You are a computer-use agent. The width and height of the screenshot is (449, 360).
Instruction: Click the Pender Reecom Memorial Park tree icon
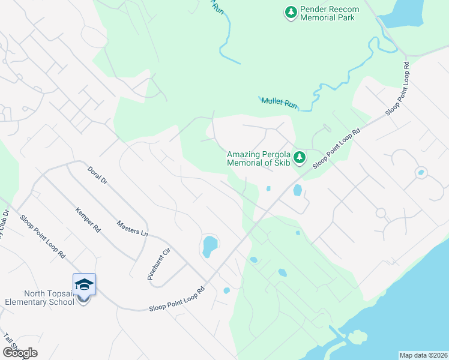tap(291, 11)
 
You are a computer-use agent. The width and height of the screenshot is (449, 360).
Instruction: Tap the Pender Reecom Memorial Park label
tap(327, 14)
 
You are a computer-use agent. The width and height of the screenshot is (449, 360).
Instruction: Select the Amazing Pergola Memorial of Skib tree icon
tap(300, 158)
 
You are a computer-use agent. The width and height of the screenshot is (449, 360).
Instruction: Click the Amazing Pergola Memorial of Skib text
tap(258, 158)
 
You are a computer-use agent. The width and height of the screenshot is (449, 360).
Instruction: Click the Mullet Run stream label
tap(279, 103)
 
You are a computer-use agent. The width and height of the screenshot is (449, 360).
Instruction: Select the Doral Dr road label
tap(96, 175)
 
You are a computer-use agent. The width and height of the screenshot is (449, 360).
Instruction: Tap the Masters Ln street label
tap(132, 227)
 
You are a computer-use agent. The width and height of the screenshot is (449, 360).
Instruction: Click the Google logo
tap(20, 352)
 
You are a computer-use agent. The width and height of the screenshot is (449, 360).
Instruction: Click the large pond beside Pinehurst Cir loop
tap(209, 246)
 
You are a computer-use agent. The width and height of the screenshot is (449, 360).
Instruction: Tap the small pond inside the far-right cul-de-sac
tap(421, 173)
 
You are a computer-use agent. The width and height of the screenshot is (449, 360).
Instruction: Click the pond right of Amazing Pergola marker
tap(297, 191)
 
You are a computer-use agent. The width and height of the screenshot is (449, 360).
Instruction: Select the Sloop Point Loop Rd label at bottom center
tap(177, 299)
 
